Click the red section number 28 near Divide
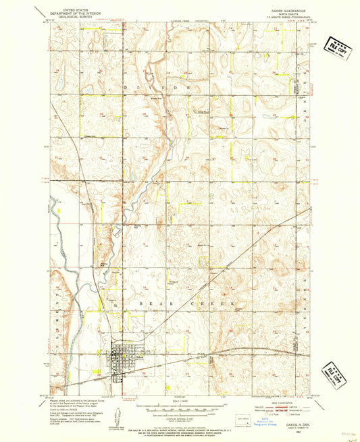(145, 114)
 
